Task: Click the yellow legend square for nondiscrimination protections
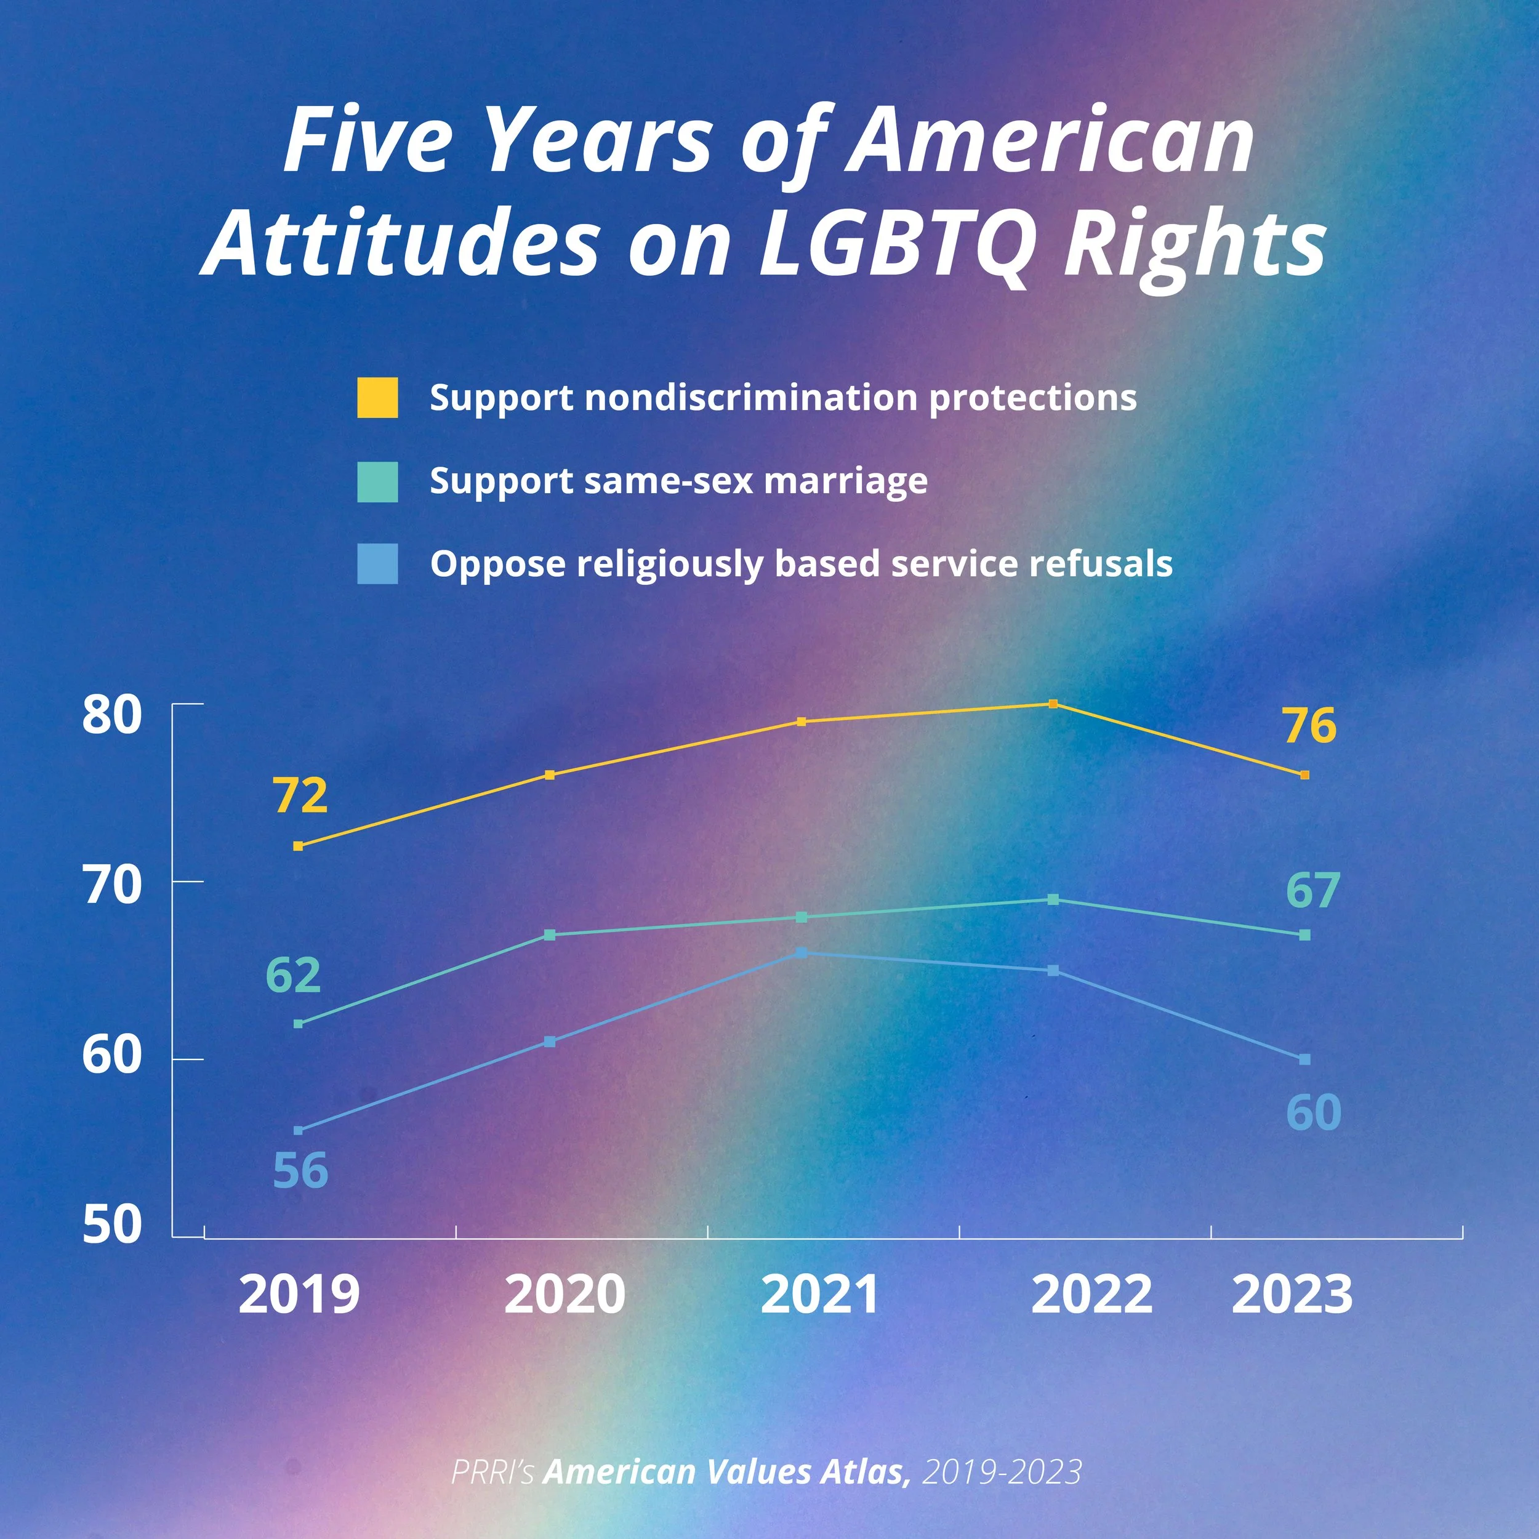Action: click(x=377, y=398)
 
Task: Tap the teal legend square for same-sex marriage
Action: click(x=377, y=482)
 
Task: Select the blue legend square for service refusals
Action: click(x=377, y=564)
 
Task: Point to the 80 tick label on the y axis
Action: click(x=112, y=715)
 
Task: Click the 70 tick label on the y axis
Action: click(x=112, y=885)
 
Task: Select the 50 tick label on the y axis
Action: click(x=112, y=1224)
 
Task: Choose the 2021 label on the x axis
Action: click(x=821, y=1295)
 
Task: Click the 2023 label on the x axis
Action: click(x=1292, y=1295)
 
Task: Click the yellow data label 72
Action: click(x=300, y=796)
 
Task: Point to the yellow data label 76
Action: click(x=1309, y=726)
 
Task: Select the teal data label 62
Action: click(x=293, y=975)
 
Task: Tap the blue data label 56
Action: click(x=300, y=1170)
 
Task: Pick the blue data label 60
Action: click(x=1314, y=1113)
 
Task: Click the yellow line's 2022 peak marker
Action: click(x=1053, y=704)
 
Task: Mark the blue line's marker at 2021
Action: click(x=802, y=953)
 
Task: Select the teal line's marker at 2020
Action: click(x=550, y=935)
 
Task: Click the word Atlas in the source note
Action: click(x=867, y=1472)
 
